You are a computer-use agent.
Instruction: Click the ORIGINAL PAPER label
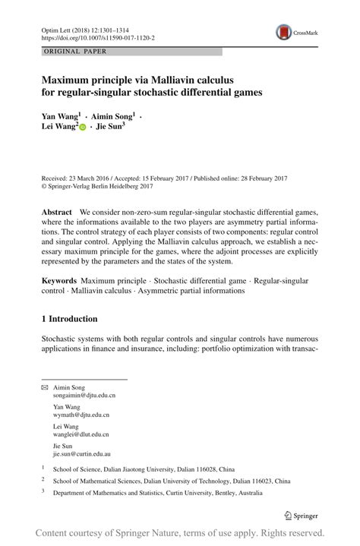[74, 52]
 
